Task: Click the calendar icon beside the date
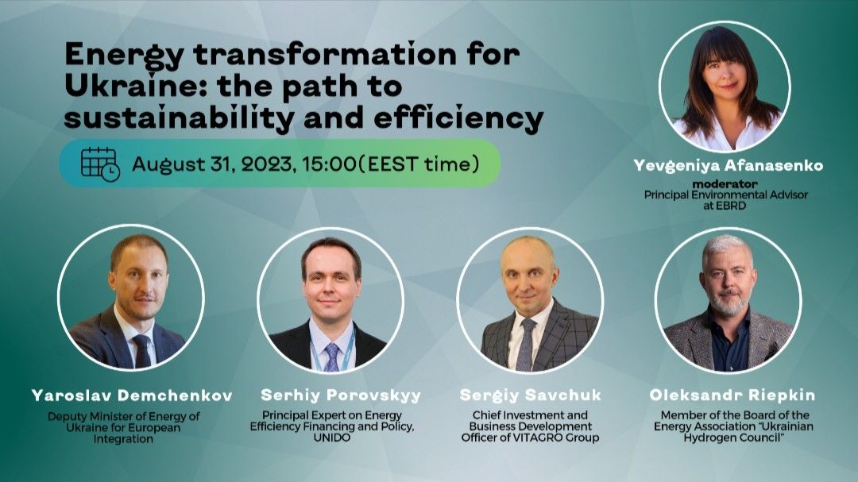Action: tap(100, 164)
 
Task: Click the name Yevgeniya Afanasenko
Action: tap(729, 166)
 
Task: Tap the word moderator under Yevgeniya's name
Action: tap(725, 184)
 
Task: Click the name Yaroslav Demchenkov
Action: tap(132, 395)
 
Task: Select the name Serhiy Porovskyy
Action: tap(341, 395)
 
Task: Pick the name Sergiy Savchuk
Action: tap(530, 395)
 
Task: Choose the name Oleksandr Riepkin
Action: tap(732, 395)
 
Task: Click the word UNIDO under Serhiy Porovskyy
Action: tap(331, 438)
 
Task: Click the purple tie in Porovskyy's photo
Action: tap(331, 357)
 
